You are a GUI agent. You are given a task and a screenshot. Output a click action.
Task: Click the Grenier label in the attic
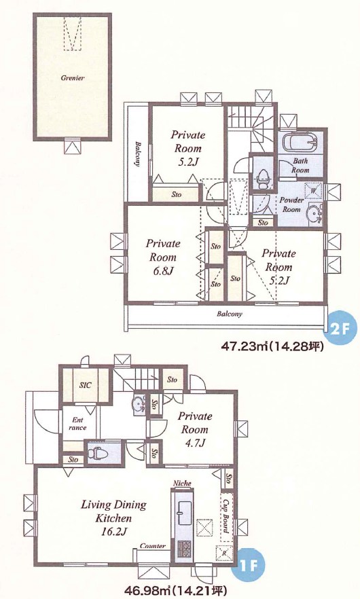pos(72,78)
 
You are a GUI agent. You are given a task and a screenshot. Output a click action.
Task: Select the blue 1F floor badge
pos(249,564)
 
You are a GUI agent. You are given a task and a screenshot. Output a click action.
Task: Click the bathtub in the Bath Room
pos(300,143)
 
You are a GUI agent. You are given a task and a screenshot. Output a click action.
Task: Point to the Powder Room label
pos(291,205)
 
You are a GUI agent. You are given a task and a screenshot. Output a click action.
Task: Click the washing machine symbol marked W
pos(313,190)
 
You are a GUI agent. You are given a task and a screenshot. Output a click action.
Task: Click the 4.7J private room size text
pos(194,443)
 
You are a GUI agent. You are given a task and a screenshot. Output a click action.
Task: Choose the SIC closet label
pos(85,385)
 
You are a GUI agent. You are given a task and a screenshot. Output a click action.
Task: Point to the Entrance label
pos(77,424)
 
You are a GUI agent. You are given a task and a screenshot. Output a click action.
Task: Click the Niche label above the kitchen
pos(182,484)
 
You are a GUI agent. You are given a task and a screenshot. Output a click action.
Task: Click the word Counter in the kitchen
pos(153,546)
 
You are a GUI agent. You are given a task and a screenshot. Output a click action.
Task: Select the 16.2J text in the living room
pos(113,532)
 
